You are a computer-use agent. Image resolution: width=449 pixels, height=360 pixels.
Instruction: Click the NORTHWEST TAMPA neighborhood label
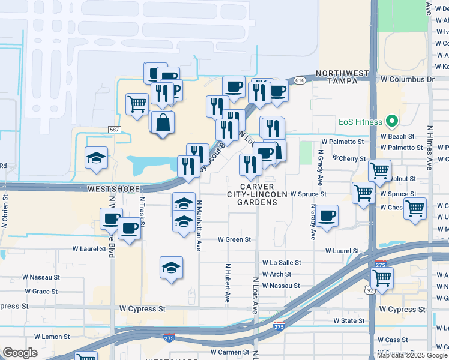pyautogui.click(x=342, y=77)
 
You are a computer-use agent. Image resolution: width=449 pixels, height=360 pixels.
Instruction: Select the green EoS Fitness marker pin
pyautogui.click(x=393, y=122)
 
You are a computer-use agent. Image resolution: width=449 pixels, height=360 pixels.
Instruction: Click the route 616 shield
pyautogui.click(x=301, y=80)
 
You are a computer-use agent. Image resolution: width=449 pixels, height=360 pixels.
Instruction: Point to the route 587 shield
pyautogui.click(x=114, y=130)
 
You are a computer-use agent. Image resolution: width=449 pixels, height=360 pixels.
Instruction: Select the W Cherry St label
pyautogui.click(x=349, y=158)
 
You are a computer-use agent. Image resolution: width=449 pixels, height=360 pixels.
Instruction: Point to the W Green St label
pyautogui.click(x=234, y=239)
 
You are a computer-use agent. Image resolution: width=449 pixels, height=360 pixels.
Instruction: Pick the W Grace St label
pyautogui.click(x=41, y=291)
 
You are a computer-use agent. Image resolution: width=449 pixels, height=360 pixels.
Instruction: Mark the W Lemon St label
pyautogui.click(x=52, y=337)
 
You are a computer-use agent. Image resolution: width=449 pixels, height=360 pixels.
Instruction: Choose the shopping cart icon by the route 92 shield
pyautogui.click(x=382, y=278)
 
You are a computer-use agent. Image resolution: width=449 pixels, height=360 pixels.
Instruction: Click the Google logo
pyautogui.click(x=20, y=353)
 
